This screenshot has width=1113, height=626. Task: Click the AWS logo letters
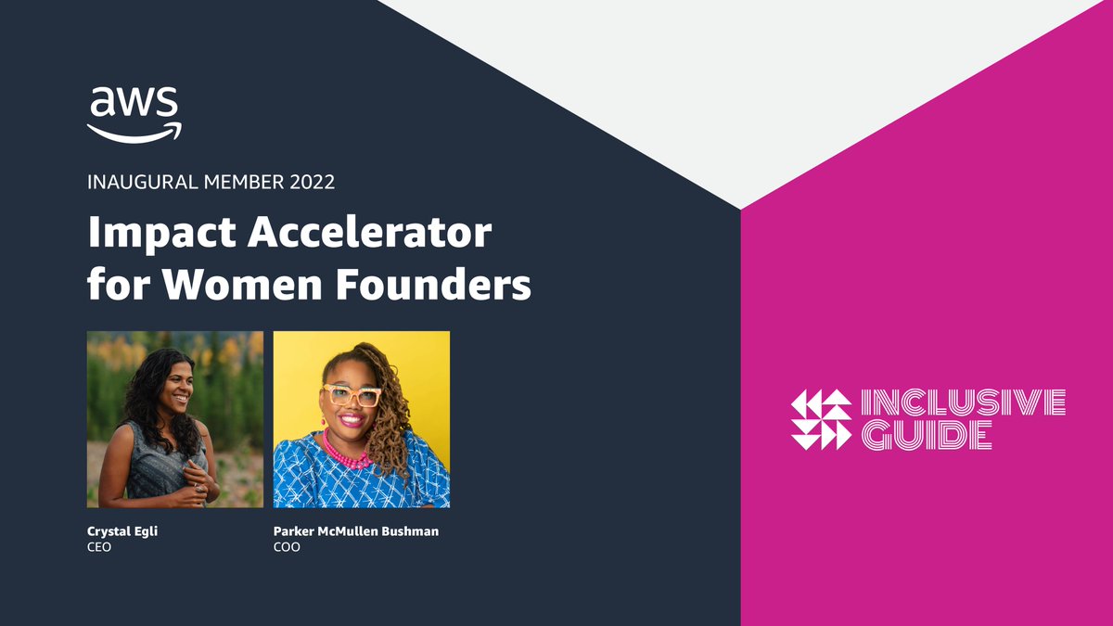[x=134, y=102]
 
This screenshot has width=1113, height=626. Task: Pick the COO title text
[x=287, y=547]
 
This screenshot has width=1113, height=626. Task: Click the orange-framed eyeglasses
[x=351, y=396]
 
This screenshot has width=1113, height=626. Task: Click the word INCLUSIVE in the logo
[x=964, y=402]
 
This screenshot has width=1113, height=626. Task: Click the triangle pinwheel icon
[x=821, y=419]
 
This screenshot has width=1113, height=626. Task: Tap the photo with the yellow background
[x=362, y=419]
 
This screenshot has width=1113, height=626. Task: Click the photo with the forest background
[x=174, y=419]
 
